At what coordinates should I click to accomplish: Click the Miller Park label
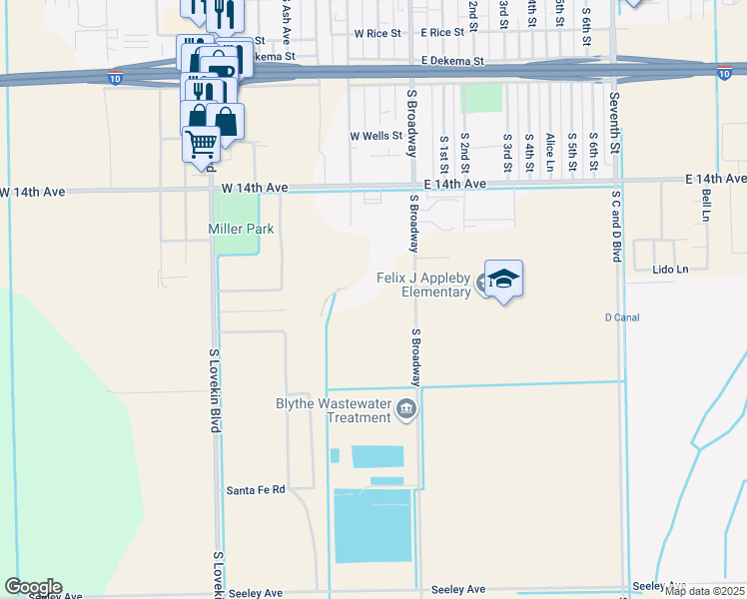[241, 229]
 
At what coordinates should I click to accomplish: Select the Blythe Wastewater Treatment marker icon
[406, 408]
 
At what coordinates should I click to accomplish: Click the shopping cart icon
[201, 145]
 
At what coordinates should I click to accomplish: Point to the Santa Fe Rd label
[256, 490]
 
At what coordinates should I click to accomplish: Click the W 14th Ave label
[255, 188]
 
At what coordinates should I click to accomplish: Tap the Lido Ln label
[670, 270]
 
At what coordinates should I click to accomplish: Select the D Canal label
[622, 317]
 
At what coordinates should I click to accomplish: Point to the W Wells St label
[374, 136]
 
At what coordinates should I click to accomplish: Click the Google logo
[33, 587]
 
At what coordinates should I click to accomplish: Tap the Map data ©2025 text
[704, 591]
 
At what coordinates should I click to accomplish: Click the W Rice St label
[376, 33]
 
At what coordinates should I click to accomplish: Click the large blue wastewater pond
[372, 524]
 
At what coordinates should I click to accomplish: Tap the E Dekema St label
[451, 61]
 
